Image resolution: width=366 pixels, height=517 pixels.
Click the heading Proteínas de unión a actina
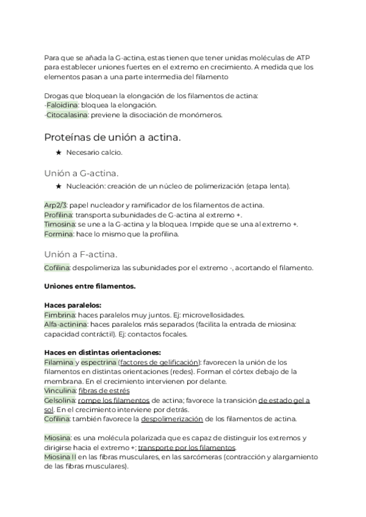112,137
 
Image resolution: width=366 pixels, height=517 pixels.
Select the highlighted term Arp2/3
57,205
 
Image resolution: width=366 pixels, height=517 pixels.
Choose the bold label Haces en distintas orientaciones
102,352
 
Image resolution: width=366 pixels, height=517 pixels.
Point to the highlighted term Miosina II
60,457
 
